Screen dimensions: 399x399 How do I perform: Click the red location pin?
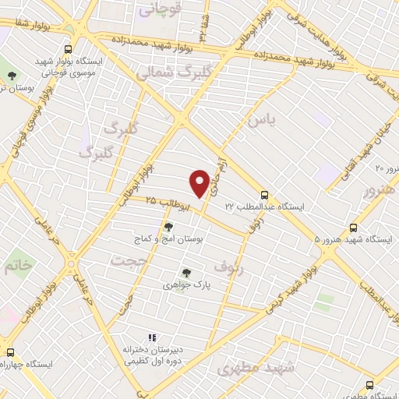point(200,182)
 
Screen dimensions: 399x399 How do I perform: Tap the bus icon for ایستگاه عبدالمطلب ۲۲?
point(265,195)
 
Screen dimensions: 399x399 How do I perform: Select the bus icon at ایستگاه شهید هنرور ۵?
point(354,228)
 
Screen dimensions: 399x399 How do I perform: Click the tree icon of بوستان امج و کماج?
point(168,227)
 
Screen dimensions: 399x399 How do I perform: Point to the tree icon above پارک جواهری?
point(185,273)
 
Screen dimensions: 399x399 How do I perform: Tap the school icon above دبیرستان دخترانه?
point(153,337)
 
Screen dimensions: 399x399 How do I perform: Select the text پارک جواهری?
point(186,286)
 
